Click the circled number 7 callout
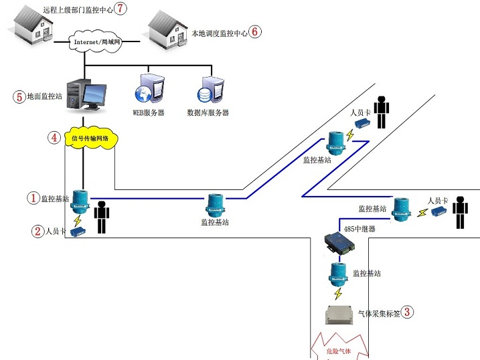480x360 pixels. tap(120, 9)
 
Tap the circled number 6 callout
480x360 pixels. tap(256, 32)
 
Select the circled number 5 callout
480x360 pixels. tap(19, 96)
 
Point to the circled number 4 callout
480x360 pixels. tap(54, 138)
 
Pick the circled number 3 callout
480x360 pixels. tap(407, 312)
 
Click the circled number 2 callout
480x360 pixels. tap(37, 232)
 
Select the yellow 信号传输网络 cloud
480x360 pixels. tap(92, 139)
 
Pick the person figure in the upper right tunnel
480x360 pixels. tap(382, 112)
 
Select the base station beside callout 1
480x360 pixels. tap(80, 200)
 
